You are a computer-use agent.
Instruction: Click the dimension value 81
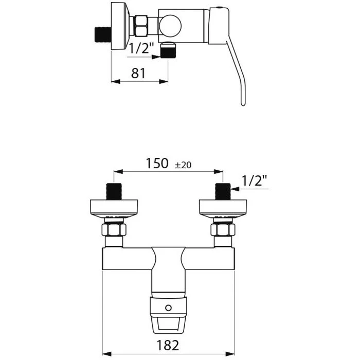point(138,73)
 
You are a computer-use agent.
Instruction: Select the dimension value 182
point(168,345)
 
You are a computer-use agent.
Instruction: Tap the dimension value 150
point(157,163)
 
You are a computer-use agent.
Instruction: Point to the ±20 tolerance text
point(183,165)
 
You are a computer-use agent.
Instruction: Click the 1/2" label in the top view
point(141,48)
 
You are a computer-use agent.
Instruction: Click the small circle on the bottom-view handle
point(168,308)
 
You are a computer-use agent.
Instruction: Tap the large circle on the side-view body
point(170,26)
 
